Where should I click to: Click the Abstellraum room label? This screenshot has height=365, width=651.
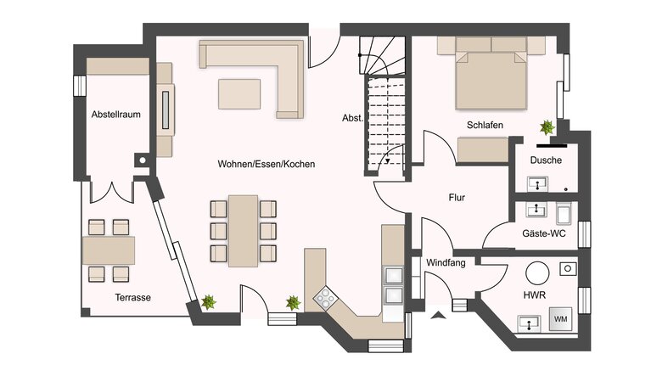pyautogui.click(x=115, y=113)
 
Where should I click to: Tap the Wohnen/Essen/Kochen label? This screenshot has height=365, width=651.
pyautogui.click(x=266, y=164)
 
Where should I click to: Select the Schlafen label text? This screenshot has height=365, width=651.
pyautogui.click(x=485, y=125)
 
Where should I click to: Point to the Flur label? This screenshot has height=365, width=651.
pyautogui.click(x=457, y=198)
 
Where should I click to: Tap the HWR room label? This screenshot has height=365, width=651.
pyautogui.click(x=535, y=295)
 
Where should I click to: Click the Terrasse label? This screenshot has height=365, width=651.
pyautogui.click(x=132, y=297)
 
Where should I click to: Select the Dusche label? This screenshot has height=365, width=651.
pyautogui.click(x=546, y=160)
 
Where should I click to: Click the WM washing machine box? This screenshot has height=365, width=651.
pyautogui.click(x=560, y=318)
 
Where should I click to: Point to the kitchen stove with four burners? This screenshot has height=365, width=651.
pyautogui.click(x=325, y=296)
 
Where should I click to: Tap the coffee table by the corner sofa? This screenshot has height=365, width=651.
pyautogui.click(x=239, y=93)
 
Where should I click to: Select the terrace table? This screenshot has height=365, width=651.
pyautogui.click(x=109, y=250)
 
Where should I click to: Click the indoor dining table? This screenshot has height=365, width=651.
pyautogui.click(x=244, y=229)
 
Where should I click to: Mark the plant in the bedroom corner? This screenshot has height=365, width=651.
pyautogui.click(x=546, y=127)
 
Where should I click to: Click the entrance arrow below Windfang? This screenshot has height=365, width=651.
pyautogui.click(x=438, y=315)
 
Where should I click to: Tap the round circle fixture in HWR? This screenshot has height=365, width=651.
pyautogui.click(x=536, y=272)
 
